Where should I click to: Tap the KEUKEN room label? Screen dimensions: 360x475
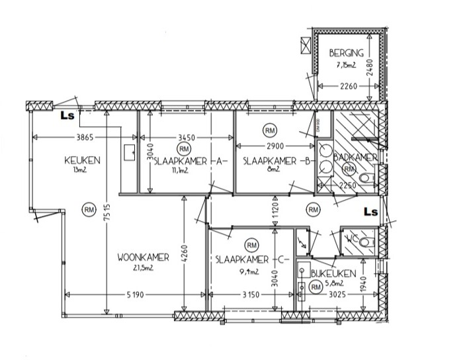pyautogui.click(x=82, y=160)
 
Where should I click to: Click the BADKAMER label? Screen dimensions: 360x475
pyautogui.click(x=355, y=157)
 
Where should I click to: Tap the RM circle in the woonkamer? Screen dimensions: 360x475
pyautogui.click(x=89, y=210)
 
